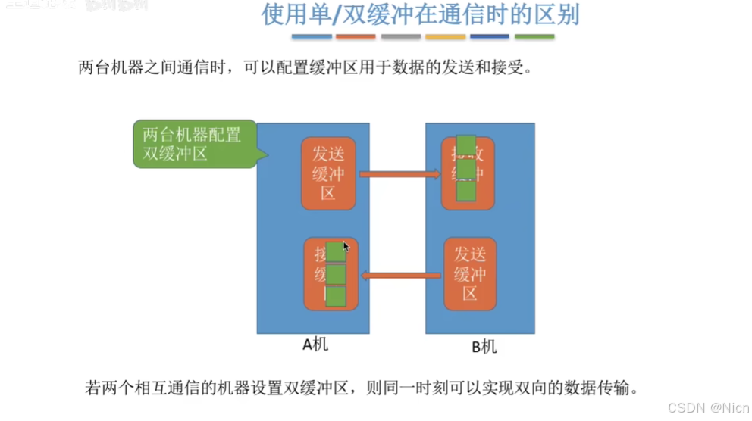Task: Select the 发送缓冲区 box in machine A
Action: (x=327, y=173)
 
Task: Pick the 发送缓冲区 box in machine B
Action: (x=469, y=273)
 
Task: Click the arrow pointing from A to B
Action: (x=399, y=175)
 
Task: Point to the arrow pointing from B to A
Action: (x=401, y=275)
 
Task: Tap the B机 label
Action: (x=484, y=348)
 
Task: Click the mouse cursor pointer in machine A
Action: (x=346, y=247)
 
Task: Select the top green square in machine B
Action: (x=466, y=145)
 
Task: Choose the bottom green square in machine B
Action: (x=466, y=191)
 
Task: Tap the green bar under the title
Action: (x=534, y=36)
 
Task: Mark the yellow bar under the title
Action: (x=445, y=36)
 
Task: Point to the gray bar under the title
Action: (x=400, y=36)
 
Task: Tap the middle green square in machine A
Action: (x=335, y=273)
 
